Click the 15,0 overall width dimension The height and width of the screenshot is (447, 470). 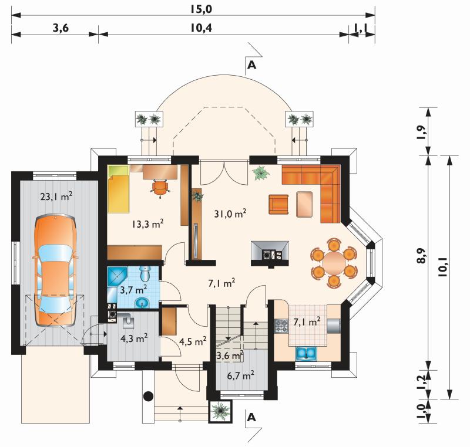pyautogui.click(x=200, y=9)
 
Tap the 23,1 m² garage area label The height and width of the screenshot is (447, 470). pyautogui.click(x=56, y=197)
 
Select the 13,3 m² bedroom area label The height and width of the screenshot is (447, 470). pyautogui.click(x=148, y=224)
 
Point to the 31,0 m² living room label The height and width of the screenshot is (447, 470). pyautogui.click(x=230, y=214)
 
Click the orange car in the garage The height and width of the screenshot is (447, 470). pyautogui.click(x=55, y=270)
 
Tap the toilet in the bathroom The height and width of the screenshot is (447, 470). pyautogui.click(x=145, y=273)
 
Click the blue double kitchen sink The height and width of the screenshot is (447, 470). pyautogui.click(x=305, y=353)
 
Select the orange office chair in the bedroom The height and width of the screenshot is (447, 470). pyautogui.click(x=160, y=188)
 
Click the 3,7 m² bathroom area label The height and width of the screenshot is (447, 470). pyautogui.click(x=133, y=290)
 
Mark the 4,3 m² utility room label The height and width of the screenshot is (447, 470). pyautogui.click(x=134, y=338)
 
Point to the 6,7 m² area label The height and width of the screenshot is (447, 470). pyautogui.click(x=241, y=375)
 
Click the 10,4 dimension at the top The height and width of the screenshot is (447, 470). pyautogui.click(x=201, y=28)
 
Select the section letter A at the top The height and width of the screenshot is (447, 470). pyautogui.click(x=252, y=65)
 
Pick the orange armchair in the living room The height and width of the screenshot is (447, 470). pyautogui.click(x=278, y=204)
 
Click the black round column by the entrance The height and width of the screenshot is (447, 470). pyautogui.click(x=149, y=397)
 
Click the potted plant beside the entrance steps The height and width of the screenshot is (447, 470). pyautogui.click(x=220, y=411)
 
